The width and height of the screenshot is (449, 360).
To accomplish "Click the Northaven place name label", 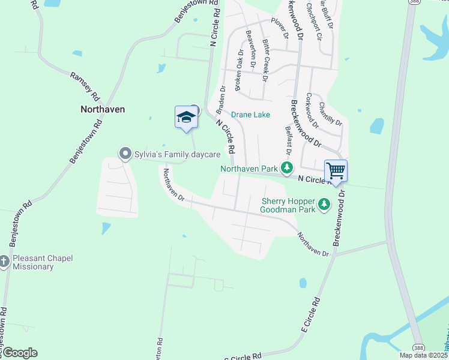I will [103, 109].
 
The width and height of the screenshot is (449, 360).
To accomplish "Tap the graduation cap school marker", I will [186, 117].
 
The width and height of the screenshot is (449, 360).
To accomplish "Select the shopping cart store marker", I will [336, 171].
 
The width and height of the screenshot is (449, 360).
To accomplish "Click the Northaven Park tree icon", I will [288, 169].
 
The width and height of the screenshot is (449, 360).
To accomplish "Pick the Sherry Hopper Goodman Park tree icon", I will [324, 205].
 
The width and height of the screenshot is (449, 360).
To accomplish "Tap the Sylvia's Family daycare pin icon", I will [125, 154].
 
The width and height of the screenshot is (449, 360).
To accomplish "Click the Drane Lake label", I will [250, 115].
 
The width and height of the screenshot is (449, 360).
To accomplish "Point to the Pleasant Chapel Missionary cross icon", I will [4, 262].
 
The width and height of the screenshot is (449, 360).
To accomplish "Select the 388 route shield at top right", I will [412, 2].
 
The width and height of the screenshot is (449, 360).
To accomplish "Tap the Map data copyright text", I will [424, 355].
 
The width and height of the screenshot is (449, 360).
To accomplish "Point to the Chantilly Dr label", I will [330, 114].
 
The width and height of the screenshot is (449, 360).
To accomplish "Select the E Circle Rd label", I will [312, 315].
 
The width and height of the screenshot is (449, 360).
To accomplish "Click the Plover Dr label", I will [280, 26].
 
